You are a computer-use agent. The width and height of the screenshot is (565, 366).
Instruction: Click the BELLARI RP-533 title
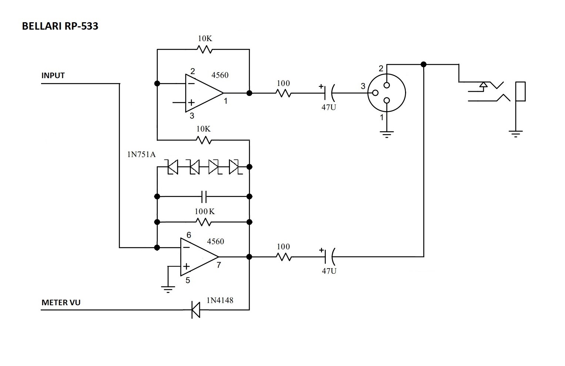[60, 26]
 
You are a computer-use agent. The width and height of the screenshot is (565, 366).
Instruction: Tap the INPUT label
[53, 76]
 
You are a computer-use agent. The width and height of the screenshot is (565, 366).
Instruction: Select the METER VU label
[61, 303]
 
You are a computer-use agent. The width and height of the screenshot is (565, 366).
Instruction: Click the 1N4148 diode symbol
[195, 310]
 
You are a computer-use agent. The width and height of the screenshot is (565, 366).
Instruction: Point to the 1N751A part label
[141, 154]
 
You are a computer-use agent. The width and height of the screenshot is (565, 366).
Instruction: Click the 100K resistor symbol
[204, 222]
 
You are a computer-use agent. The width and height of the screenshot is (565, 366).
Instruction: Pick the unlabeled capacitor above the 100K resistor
[204, 197]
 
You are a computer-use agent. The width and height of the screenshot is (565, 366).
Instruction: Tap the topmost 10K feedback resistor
[204, 49]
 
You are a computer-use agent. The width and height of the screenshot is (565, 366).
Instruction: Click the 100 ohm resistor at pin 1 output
[283, 93]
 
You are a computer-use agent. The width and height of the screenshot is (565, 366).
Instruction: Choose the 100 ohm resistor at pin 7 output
[283, 256]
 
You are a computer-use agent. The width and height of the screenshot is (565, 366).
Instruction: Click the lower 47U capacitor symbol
[328, 256]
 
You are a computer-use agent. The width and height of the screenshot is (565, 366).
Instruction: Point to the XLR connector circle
[387, 93]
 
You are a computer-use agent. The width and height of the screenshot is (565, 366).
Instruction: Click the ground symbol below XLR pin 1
[387, 134]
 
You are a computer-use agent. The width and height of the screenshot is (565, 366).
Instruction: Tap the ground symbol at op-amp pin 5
[168, 289]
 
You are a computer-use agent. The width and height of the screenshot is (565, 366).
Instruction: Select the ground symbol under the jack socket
[515, 133]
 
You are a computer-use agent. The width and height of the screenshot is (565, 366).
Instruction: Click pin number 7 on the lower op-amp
[219, 265]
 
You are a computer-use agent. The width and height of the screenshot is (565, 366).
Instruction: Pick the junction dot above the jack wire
[424, 64]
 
